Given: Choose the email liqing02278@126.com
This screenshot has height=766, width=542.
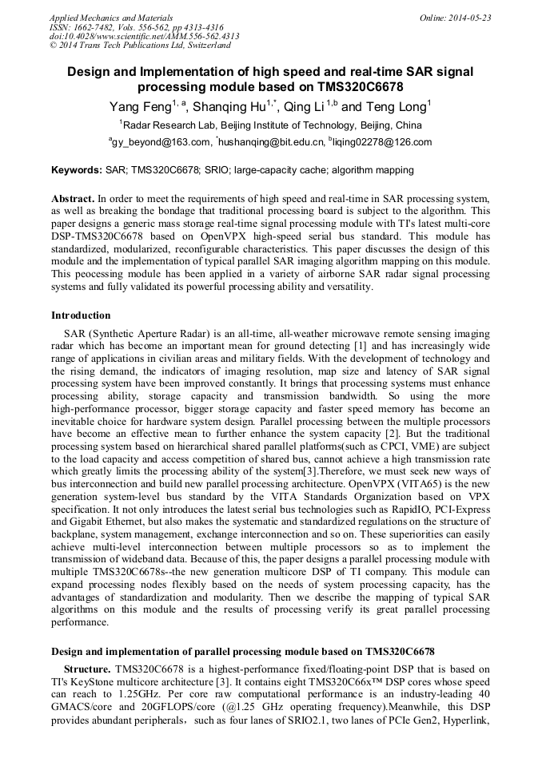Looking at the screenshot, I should point(382,142).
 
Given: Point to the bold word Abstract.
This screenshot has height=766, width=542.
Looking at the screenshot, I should point(73,197).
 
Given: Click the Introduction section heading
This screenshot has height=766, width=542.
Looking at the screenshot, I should point(81,316).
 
